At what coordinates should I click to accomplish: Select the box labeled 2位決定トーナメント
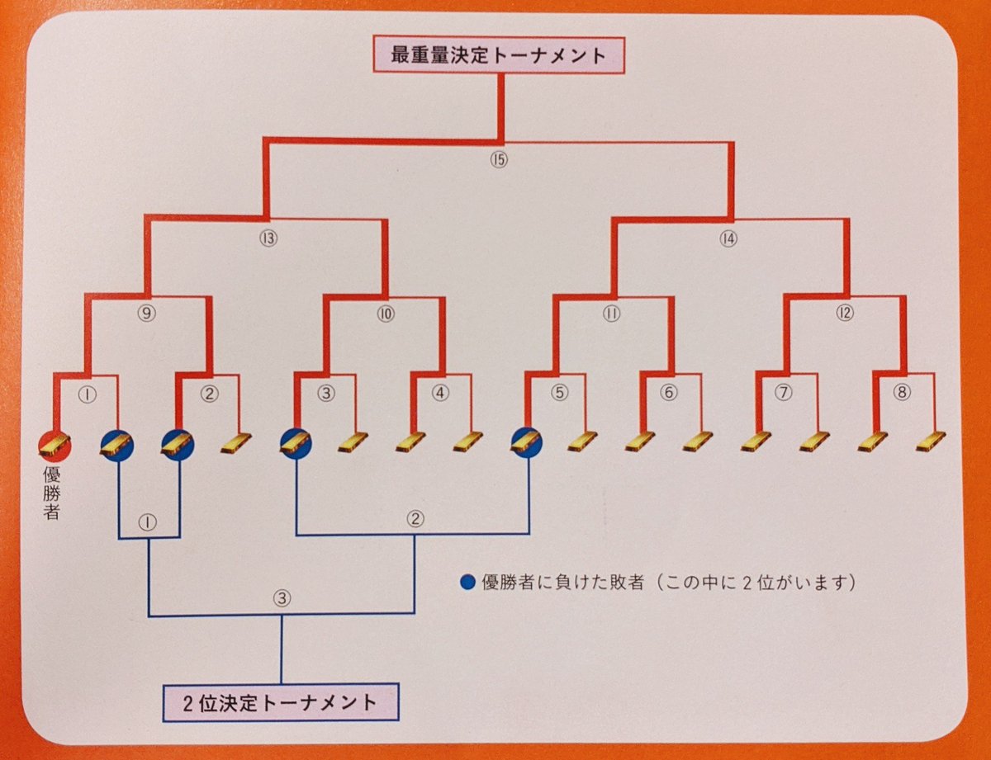281,703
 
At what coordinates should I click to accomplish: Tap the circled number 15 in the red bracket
497,159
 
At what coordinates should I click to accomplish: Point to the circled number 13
267,239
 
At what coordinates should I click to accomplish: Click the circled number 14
728,239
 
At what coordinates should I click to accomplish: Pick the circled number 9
148,314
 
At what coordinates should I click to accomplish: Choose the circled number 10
385,314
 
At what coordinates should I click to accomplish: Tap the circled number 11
612,314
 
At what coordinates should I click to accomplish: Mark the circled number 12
845,314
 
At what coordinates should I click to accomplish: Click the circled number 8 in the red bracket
903,393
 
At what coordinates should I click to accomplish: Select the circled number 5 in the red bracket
561,393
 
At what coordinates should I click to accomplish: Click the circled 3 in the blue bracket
282,599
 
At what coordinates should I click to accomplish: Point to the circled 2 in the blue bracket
415,519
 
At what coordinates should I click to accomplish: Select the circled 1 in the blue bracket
149,523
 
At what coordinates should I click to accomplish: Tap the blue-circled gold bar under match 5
525,442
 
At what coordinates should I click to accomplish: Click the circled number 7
784,393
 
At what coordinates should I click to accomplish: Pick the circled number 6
668,393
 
